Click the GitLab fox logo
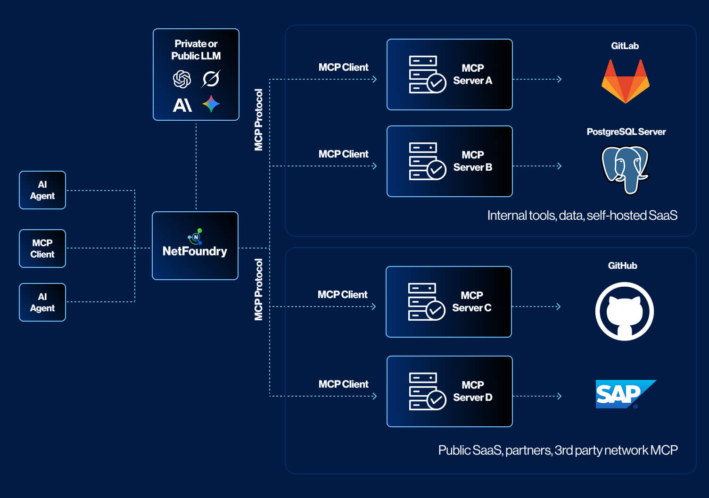(625, 82)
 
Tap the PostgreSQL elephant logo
(625, 169)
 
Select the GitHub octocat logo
(624, 311)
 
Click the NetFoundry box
(195, 246)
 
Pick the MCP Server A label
(472, 75)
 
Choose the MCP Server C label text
(471, 302)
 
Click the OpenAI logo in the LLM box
(182, 79)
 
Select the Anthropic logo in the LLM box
(182, 105)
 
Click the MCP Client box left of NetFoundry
(42, 249)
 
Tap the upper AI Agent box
(42, 190)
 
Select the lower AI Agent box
(42, 302)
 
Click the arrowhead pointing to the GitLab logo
(559, 79)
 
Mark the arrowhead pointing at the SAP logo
(559, 396)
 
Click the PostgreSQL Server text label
(626, 132)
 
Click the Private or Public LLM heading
(196, 50)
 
